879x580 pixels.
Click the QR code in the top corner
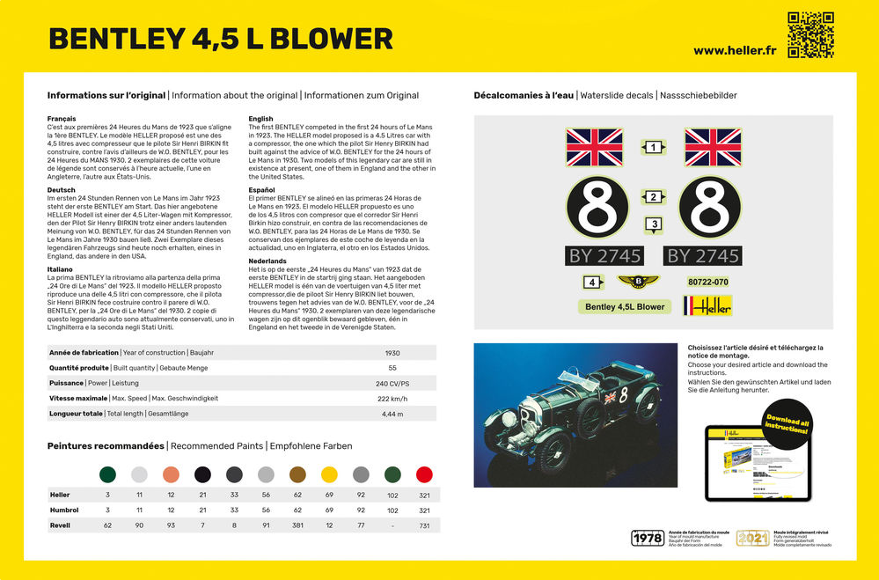click(x=810, y=34)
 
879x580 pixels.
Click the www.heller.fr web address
click(x=733, y=50)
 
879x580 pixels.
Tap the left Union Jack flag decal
click(x=594, y=148)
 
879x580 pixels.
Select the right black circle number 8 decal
click(x=713, y=209)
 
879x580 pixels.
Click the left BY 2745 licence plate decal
click(x=604, y=256)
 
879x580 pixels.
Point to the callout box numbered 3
click(x=654, y=224)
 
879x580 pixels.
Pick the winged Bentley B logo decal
click(x=638, y=282)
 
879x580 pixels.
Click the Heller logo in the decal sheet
click(x=707, y=305)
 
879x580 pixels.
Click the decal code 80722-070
click(x=707, y=282)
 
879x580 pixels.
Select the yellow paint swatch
click(x=329, y=474)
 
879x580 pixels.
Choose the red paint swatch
click(x=424, y=474)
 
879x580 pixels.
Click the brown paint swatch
click(x=297, y=474)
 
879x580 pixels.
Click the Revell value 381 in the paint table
click(x=297, y=525)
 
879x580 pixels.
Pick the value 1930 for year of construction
click(x=392, y=353)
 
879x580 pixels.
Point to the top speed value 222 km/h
click(x=392, y=398)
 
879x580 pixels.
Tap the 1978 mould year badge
click(x=646, y=539)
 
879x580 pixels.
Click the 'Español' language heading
click(x=263, y=189)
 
